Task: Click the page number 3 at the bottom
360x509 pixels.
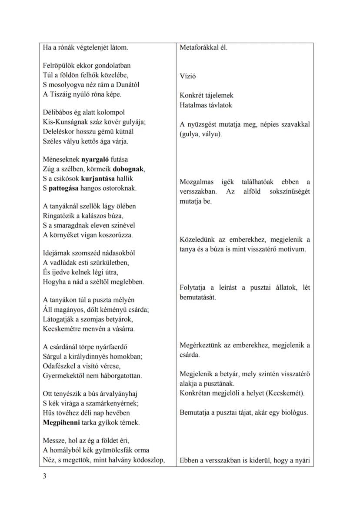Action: click(x=45, y=476)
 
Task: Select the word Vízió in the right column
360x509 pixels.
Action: click(x=188, y=76)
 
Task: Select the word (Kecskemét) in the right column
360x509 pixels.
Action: click(x=290, y=393)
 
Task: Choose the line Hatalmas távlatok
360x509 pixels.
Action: click(x=206, y=105)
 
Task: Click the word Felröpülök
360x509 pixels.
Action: click(x=59, y=66)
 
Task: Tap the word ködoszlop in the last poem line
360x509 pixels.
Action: click(x=149, y=460)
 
